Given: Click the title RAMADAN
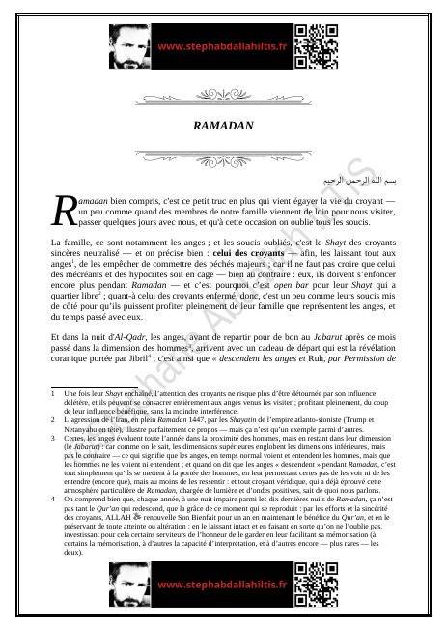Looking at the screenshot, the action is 223,126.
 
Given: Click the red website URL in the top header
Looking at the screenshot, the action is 222,45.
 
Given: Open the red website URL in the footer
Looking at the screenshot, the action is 222,586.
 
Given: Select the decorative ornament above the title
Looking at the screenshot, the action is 223,97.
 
